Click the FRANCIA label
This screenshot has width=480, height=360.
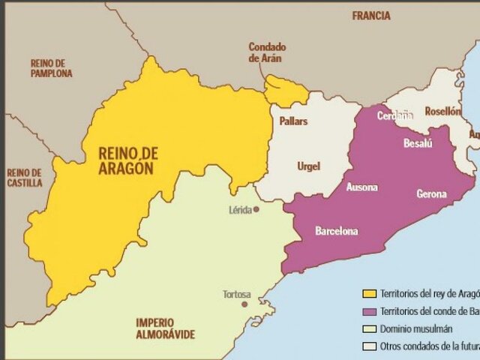point(371,15)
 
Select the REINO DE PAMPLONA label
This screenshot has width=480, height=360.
point(52,68)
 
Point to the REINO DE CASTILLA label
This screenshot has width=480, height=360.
point(26,178)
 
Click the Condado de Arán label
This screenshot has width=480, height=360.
point(267,52)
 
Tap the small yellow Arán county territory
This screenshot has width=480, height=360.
point(285,91)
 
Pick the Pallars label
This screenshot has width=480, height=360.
point(293,121)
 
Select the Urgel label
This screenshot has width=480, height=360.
point(308,166)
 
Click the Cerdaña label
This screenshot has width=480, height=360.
point(394,115)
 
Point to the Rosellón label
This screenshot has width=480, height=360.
point(442,110)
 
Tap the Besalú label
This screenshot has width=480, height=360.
point(418,143)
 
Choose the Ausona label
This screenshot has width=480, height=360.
point(361,187)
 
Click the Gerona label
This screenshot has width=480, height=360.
point(431,194)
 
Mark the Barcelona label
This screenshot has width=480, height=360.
point(336,230)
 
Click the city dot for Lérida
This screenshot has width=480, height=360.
point(256,210)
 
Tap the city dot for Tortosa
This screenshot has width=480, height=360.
point(244,305)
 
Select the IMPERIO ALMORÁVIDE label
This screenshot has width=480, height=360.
point(165,328)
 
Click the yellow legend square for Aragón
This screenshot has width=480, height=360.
point(368,293)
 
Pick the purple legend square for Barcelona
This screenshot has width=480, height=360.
point(368,311)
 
